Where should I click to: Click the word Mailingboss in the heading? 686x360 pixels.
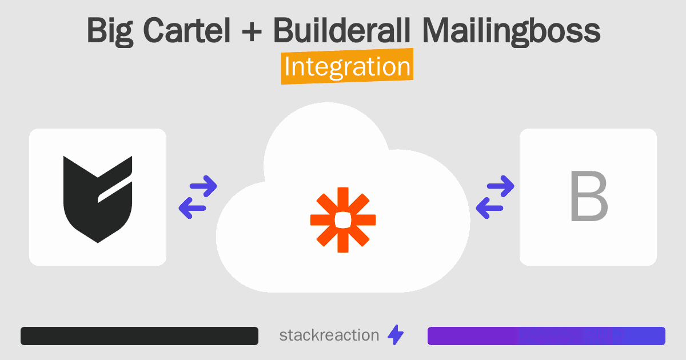pyautogui.click(x=512, y=32)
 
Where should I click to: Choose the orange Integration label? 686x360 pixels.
pyautogui.click(x=347, y=67)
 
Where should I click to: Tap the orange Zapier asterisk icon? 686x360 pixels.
pyautogui.click(x=343, y=219)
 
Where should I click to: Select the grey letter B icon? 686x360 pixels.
pyautogui.click(x=588, y=197)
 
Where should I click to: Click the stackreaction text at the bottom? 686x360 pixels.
pyautogui.click(x=329, y=335)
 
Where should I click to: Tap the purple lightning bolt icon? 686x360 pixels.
pyautogui.click(x=396, y=335)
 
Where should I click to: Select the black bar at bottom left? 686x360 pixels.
pyautogui.click(x=139, y=336)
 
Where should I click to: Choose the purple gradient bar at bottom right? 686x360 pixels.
pyautogui.click(x=546, y=336)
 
